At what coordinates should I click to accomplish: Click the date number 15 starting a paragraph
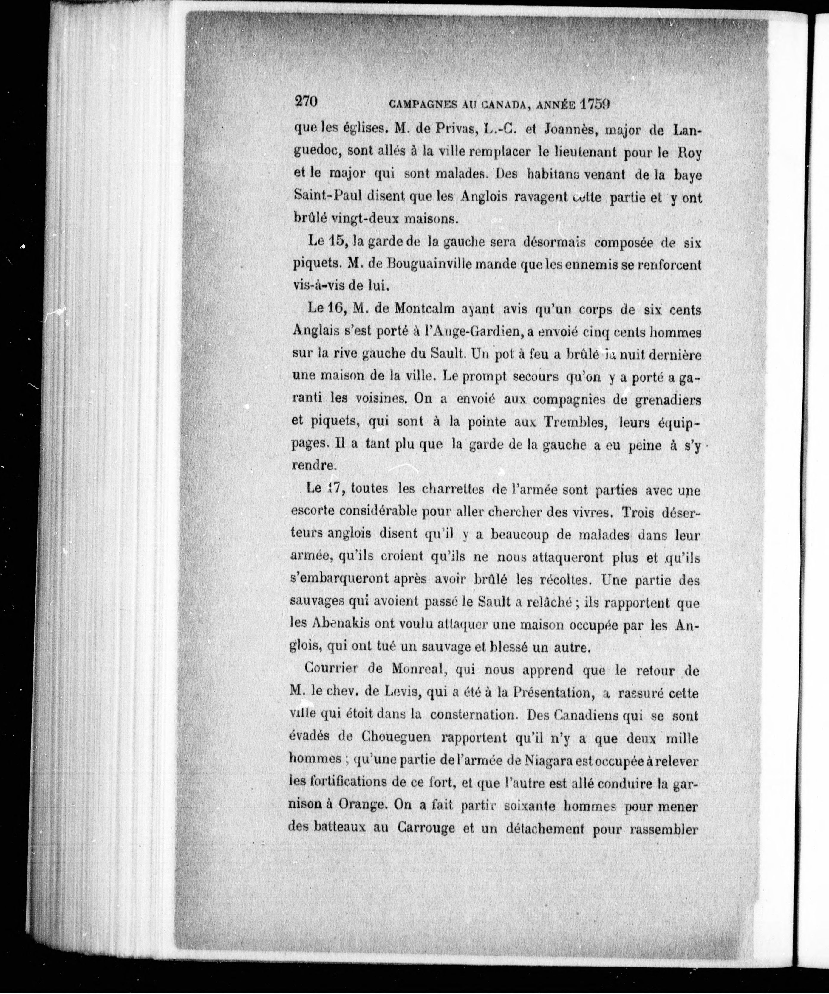339,240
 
